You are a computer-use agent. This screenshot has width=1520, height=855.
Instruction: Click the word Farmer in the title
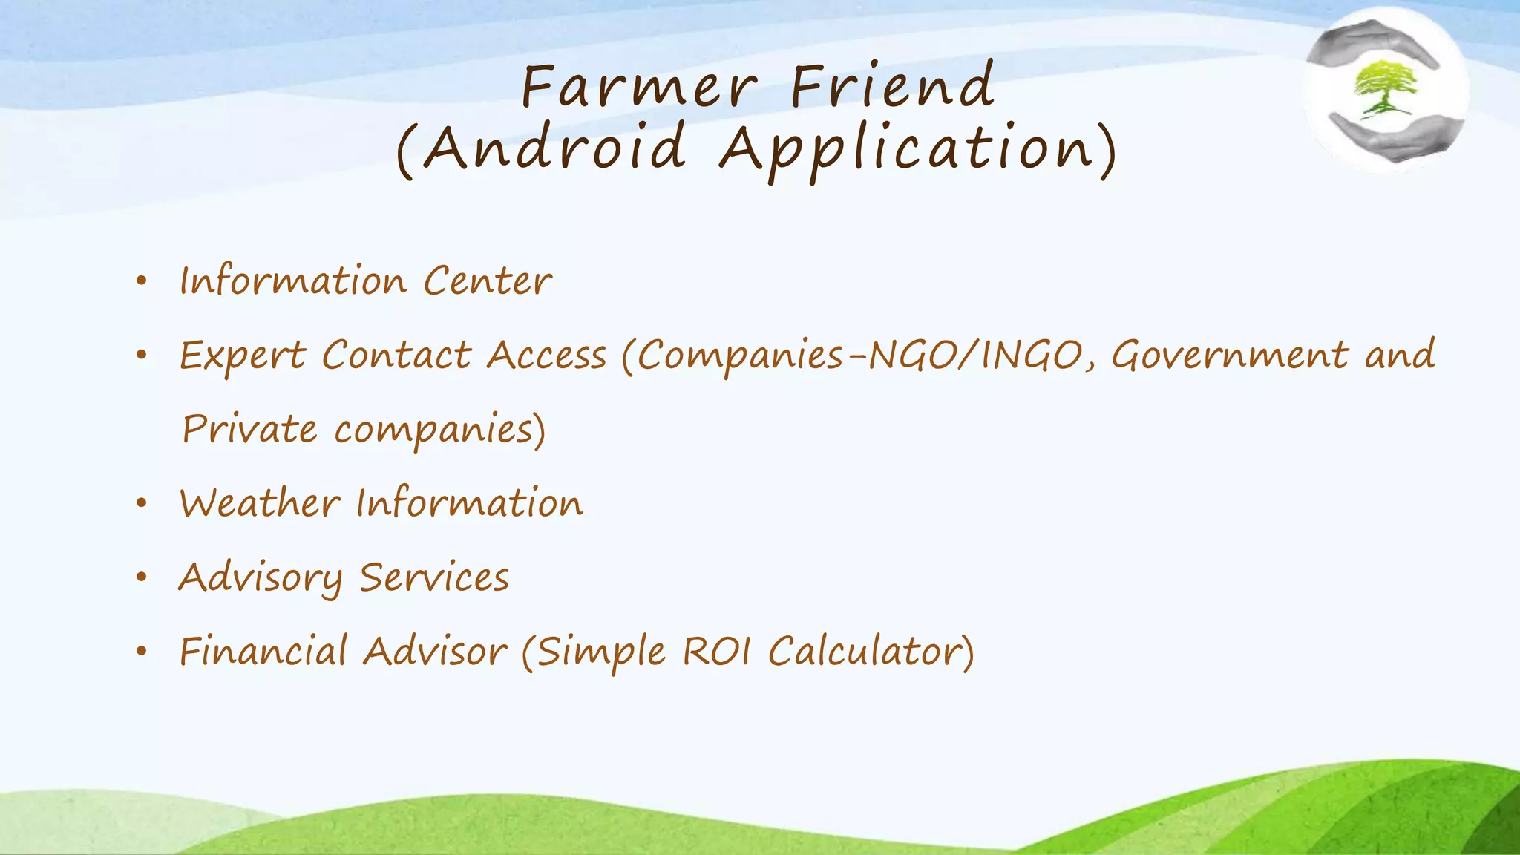(639, 87)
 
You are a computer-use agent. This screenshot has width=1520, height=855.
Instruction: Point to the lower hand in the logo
(1395, 137)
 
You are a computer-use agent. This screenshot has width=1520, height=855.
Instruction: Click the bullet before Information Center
(142, 282)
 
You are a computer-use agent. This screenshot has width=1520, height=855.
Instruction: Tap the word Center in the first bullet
(488, 281)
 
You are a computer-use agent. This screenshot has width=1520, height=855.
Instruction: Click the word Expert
(243, 356)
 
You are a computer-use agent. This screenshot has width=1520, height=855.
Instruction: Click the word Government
(1229, 354)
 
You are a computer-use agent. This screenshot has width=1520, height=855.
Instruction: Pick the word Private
(249, 429)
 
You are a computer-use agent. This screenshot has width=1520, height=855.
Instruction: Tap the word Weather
(260, 503)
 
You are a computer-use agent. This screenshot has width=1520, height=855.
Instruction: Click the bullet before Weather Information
(142, 504)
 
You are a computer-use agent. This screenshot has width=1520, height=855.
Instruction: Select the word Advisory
(261, 578)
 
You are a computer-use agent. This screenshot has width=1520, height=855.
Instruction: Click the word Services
(434, 577)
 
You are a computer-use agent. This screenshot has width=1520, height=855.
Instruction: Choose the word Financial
(263, 652)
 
